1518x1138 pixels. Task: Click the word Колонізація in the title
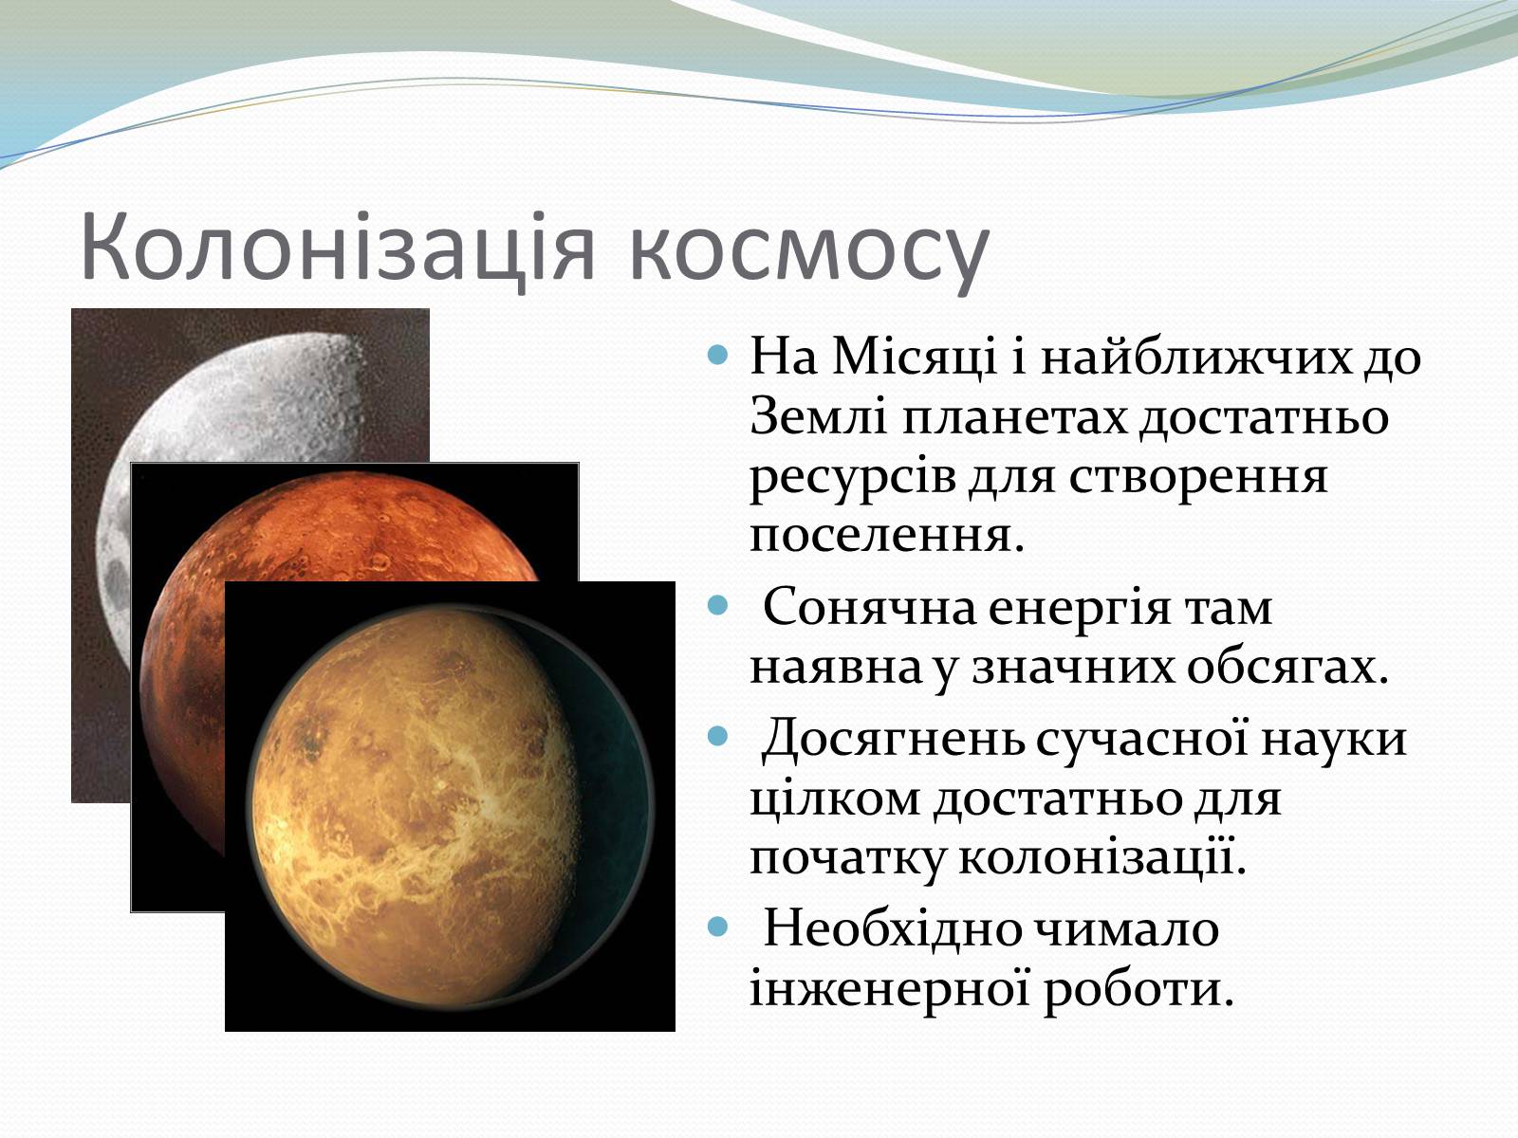tap(338, 248)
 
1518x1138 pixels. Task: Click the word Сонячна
tap(868, 607)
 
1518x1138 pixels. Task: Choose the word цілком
tap(836, 798)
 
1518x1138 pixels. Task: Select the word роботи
tap(1138, 989)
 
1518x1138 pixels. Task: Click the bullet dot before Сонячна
tap(719, 606)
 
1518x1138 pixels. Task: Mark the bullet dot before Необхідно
tap(719, 926)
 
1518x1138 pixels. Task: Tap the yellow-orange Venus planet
tap(450, 808)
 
